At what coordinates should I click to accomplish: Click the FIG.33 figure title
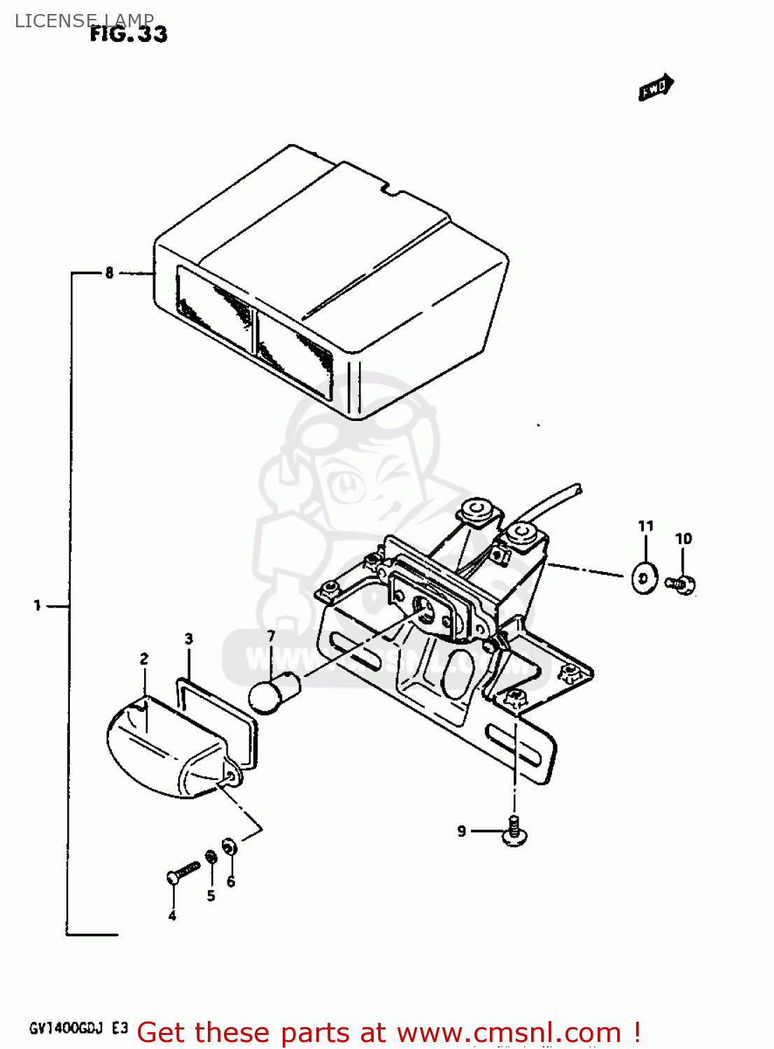(129, 34)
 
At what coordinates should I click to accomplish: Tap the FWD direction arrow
(656, 87)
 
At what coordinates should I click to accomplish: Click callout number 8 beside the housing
(109, 273)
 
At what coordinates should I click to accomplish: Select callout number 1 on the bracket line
(38, 605)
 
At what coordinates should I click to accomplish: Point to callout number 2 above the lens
(144, 659)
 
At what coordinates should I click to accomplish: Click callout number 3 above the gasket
(189, 638)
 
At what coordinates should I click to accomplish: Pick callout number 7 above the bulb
(271, 636)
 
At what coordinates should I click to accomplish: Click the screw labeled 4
(182, 872)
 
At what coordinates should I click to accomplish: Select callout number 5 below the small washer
(211, 896)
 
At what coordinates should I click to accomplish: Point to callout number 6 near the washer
(231, 882)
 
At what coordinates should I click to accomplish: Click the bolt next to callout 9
(515, 832)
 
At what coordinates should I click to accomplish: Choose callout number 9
(462, 831)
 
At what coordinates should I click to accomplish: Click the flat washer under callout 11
(644, 578)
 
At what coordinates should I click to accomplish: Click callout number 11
(645, 526)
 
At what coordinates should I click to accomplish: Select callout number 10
(683, 538)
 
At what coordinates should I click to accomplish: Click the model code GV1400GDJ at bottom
(66, 1028)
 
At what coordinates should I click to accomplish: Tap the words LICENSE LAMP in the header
(84, 20)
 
